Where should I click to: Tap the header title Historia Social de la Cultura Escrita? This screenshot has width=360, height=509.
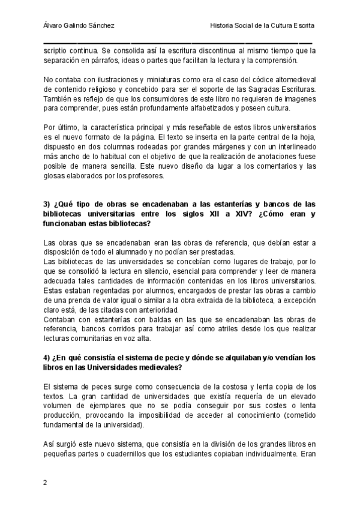[x=262, y=26]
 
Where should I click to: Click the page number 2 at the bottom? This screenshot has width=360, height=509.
[x=46, y=483]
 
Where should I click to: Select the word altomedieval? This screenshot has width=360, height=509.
[x=292, y=80]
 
